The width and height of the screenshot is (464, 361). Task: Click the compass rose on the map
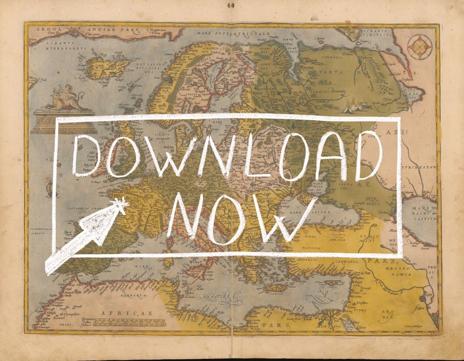[420, 47]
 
